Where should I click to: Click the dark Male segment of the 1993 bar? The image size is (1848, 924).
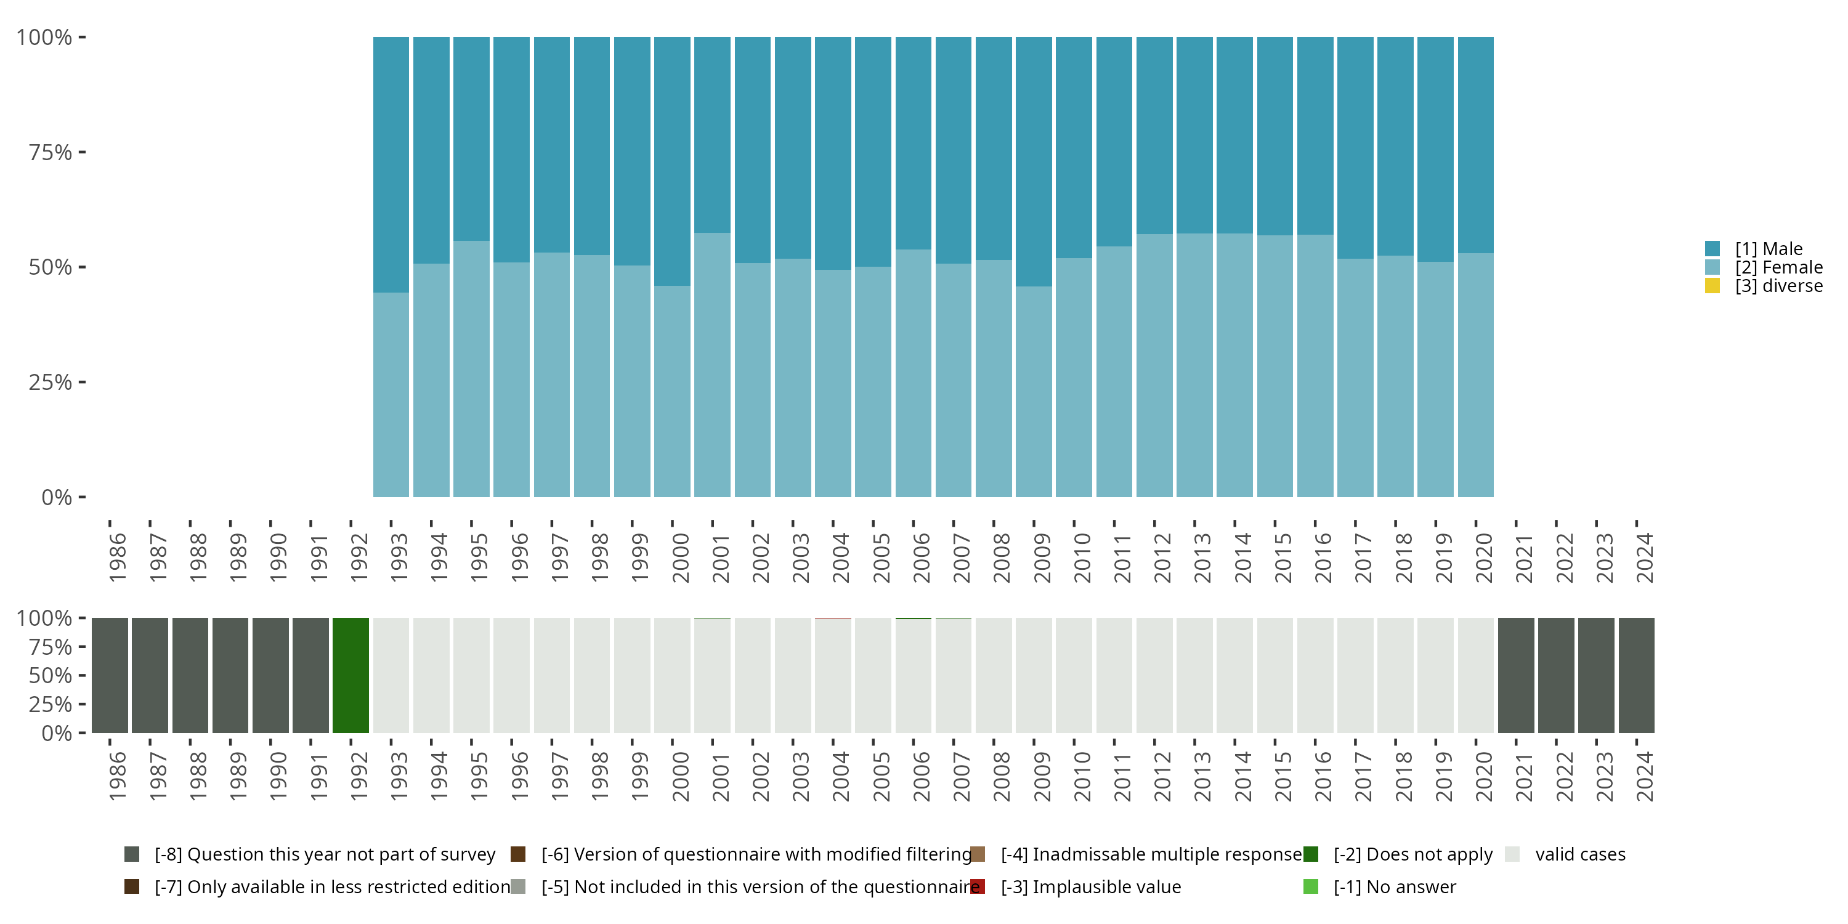click(x=391, y=164)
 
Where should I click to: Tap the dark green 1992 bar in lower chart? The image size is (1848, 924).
click(x=351, y=675)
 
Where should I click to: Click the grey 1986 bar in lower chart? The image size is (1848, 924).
click(x=110, y=675)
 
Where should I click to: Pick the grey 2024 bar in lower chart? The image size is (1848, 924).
click(x=1636, y=675)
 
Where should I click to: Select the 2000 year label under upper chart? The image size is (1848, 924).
click(x=680, y=557)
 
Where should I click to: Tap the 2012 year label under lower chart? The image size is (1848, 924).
click(x=1162, y=776)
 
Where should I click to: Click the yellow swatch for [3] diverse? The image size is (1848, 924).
click(x=1712, y=286)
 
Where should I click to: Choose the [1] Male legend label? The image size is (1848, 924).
click(x=1769, y=249)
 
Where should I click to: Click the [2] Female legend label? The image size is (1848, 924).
click(x=1778, y=267)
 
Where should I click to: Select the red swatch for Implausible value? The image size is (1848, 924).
click(x=978, y=886)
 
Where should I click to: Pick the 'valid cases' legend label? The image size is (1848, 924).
click(x=1579, y=854)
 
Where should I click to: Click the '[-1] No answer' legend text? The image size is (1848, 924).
click(x=1394, y=886)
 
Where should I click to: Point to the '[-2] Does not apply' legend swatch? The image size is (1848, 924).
click(x=1311, y=854)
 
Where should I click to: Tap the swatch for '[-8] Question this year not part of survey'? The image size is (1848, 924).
click(x=132, y=854)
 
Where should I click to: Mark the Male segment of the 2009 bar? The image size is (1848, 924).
click(x=1034, y=161)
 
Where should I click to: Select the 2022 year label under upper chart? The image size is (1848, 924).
click(x=1564, y=557)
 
